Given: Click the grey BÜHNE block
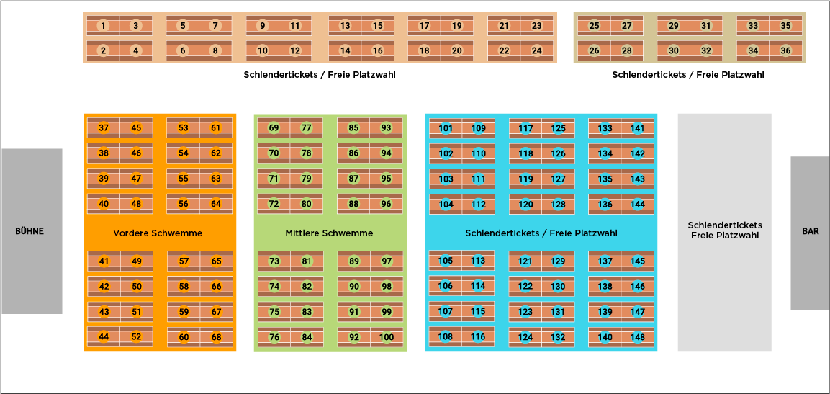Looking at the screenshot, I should click(31, 231).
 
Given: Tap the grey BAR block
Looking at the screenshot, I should click(810, 232).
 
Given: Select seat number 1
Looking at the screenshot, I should click(104, 26).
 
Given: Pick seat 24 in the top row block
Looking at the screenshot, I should click(536, 50).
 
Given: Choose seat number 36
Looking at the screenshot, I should click(785, 50).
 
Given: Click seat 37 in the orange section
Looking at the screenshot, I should click(104, 128).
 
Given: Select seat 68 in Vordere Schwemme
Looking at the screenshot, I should click(216, 337).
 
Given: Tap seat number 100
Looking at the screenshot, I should click(387, 337).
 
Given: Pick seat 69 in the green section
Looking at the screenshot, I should click(274, 128).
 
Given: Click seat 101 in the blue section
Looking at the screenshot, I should click(446, 129).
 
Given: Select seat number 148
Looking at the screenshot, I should click(638, 337).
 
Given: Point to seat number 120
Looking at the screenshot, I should click(525, 204).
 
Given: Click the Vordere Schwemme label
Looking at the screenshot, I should click(158, 233).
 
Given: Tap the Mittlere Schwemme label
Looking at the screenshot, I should click(329, 233).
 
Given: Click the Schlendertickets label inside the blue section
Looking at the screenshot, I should click(541, 233).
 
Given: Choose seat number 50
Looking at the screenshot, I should click(137, 287).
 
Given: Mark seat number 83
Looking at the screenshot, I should click(307, 312).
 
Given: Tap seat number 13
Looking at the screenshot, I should click(346, 26).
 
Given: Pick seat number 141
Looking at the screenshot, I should click(638, 129).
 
